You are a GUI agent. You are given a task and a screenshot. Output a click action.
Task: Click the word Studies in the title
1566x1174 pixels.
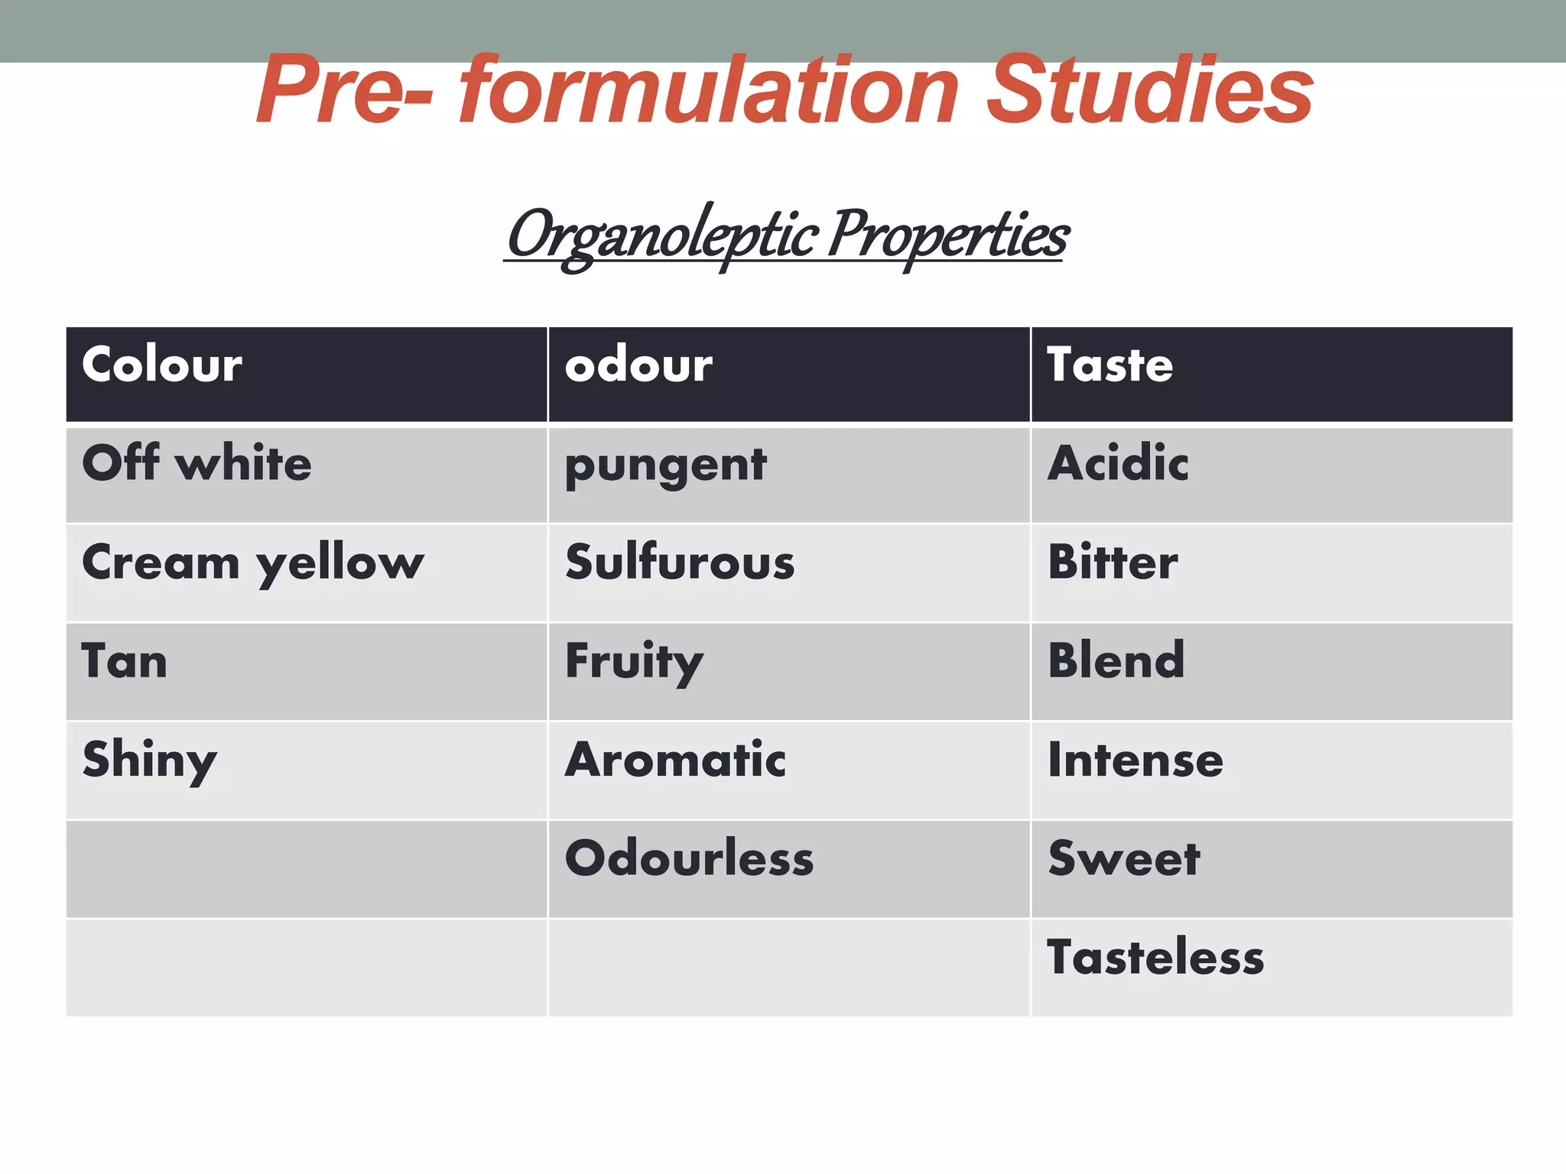coord(1149,90)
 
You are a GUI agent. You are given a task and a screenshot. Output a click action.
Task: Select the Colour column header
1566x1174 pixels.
coord(162,365)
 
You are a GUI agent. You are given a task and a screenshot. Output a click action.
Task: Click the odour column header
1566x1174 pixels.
coord(638,365)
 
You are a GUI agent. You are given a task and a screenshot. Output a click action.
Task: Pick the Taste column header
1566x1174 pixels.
coord(1110,365)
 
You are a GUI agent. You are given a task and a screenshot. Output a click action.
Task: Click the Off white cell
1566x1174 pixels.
coord(197,464)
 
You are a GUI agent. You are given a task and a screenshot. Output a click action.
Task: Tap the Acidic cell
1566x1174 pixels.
coord(1118,464)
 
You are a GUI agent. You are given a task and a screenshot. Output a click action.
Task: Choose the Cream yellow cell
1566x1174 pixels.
coord(252,563)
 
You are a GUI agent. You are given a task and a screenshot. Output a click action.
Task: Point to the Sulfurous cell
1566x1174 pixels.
coord(680,563)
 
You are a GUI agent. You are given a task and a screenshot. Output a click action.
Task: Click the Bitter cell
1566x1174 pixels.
coord(1113,563)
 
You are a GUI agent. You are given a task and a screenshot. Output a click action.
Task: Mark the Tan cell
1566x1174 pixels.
coord(125,661)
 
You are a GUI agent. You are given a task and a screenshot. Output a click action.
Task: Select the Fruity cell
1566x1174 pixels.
coord(634,662)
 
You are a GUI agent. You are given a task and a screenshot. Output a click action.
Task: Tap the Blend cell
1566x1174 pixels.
coord(1116,661)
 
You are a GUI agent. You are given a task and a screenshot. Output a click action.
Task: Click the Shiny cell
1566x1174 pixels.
coord(150,761)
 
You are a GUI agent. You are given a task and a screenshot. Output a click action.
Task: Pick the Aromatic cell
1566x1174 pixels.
coord(675,760)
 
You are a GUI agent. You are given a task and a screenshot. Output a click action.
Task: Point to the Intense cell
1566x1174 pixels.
coord(1136,761)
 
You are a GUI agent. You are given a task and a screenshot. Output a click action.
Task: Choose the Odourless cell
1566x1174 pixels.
coord(689,858)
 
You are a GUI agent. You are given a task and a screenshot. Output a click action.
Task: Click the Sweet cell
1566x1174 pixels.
coord(1124,858)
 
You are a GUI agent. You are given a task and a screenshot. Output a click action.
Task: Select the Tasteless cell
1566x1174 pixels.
coord(1155,957)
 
